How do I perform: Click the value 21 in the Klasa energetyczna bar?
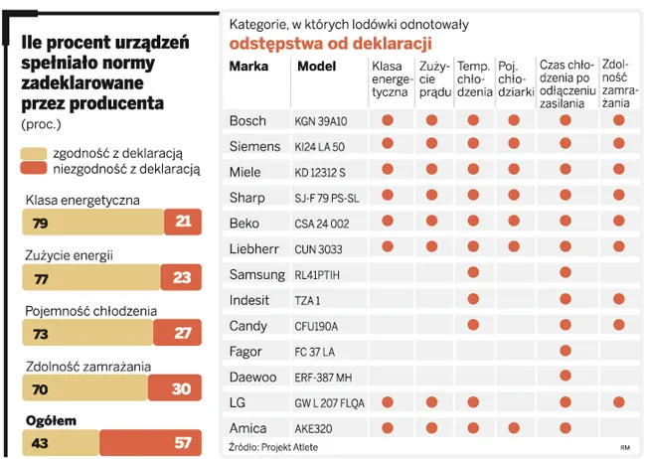point(182,223)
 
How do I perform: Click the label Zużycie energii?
point(69,255)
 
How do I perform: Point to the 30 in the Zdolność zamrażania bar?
point(180,388)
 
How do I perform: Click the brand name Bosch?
point(247,121)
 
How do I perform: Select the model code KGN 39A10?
point(321,121)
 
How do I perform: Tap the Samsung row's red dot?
point(473,273)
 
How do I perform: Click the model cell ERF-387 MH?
point(324,377)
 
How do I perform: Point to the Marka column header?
point(248,67)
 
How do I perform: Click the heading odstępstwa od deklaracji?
point(330,43)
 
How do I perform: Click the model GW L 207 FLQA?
point(333,402)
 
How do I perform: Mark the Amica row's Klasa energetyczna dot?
point(388,427)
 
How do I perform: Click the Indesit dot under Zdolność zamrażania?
point(619,299)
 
